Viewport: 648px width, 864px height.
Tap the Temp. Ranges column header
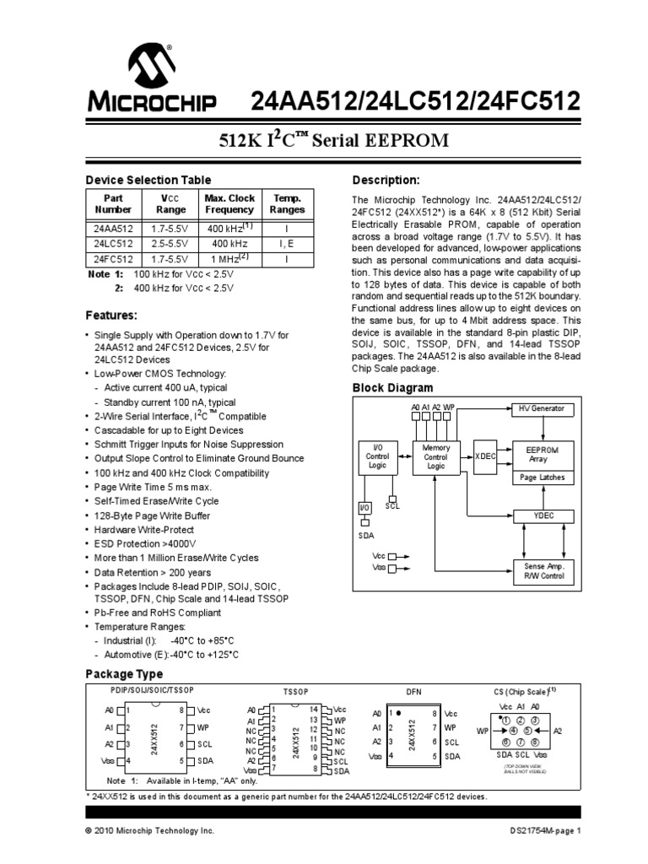tap(288, 203)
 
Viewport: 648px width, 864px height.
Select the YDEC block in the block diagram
tap(543, 516)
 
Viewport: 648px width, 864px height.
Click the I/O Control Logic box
tap(376, 456)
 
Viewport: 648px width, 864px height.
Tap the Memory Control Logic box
tap(435, 456)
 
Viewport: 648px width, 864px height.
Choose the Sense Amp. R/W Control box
tap(543, 570)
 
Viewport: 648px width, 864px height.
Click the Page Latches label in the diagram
tap(543, 477)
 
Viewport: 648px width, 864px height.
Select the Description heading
tap(385, 181)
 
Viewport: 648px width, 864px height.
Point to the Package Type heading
tap(124, 674)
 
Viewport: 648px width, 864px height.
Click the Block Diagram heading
tap(391, 388)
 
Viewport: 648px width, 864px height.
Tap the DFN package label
tap(413, 692)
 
